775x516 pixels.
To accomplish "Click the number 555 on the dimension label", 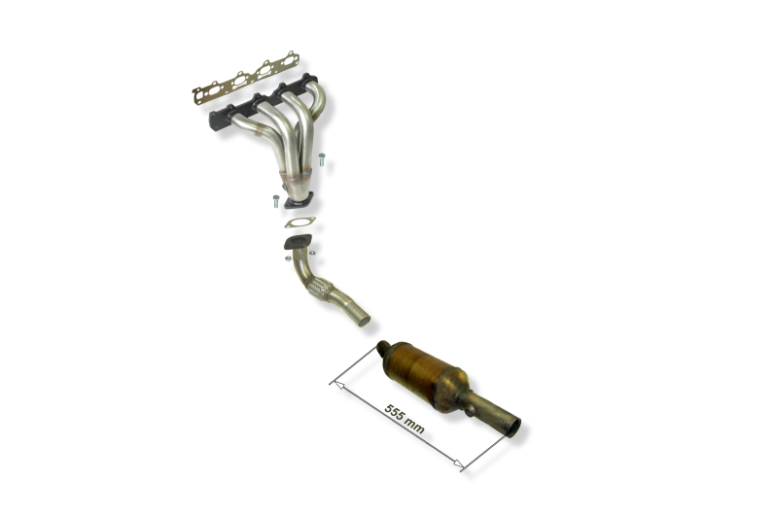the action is click(x=395, y=412).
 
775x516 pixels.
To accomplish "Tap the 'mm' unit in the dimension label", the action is click(x=414, y=427).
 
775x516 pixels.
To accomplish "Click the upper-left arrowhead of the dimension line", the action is click(x=337, y=384).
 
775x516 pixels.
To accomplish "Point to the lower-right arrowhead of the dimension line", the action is click(x=459, y=464).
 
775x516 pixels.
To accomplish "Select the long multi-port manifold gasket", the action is click(x=246, y=78).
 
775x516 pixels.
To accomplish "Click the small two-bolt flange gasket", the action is click(x=299, y=223).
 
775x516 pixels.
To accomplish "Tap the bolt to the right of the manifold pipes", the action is click(x=322, y=159).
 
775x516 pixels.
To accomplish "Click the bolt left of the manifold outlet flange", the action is click(x=276, y=201).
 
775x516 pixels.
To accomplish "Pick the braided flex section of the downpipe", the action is click(x=319, y=288).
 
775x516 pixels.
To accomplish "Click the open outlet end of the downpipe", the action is click(x=364, y=320).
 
